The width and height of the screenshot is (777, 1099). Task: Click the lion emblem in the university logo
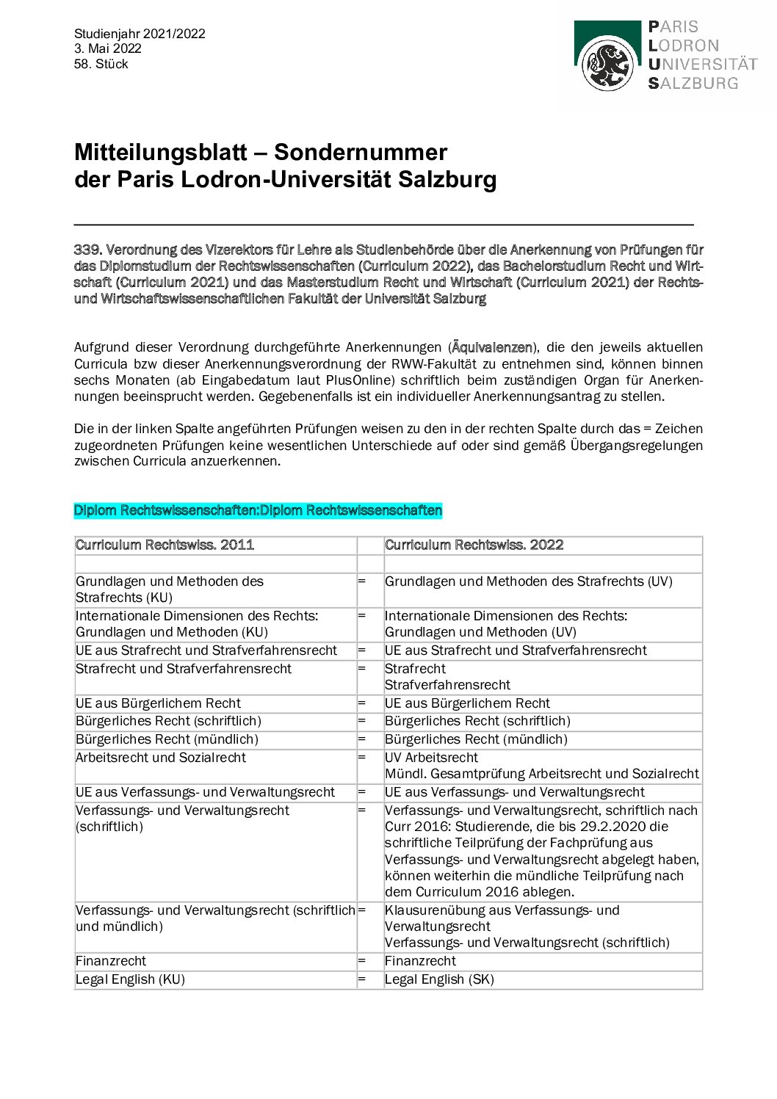click(x=607, y=65)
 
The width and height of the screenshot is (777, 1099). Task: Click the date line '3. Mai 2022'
click(x=107, y=48)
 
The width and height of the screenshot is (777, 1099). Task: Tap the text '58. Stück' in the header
click(x=101, y=64)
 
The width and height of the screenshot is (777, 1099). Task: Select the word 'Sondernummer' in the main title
click(x=360, y=152)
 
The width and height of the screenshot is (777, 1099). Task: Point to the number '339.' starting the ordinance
click(x=86, y=250)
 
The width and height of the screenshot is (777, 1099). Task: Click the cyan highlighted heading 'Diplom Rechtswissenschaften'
click(x=258, y=510)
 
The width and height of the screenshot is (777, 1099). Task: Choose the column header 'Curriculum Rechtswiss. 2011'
click(x=165, y=545)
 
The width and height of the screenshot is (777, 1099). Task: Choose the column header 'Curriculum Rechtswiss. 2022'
click(x=474, y=545)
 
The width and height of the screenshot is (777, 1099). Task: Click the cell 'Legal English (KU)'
click(x=130, y=979)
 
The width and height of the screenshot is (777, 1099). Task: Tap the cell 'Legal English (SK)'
click(x=439, y=979)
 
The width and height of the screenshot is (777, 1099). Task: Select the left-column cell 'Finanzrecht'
click(x=111, y=961)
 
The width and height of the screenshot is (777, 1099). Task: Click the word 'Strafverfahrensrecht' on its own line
click(x=447, y=685)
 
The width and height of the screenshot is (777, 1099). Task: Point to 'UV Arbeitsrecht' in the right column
click(x=431, y=758)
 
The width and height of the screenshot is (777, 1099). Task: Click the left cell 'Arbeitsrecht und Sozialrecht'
click(x=161, y=758)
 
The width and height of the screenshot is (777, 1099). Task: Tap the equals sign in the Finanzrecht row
click(x=361, y=961)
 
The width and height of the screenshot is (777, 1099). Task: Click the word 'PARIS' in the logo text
click(x=673, y=27)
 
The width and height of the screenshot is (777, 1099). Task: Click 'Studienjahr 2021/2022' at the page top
click(x=140, y=34)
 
